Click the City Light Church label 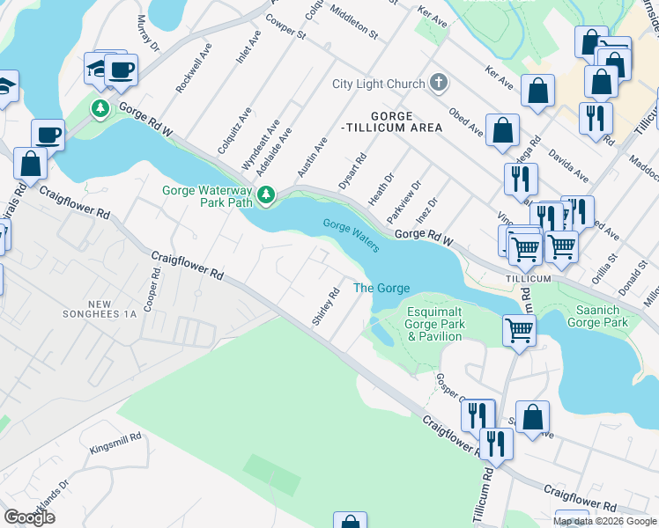tap(378, 84)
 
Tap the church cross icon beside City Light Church tap(438, 84)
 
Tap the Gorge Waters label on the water tap(351, 235)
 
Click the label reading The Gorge tap(381, 289)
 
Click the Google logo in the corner tap(29, 517)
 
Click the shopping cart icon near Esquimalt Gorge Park tap(519, 331)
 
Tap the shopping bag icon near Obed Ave tap(501, 130)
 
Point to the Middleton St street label tap(353, 23)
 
